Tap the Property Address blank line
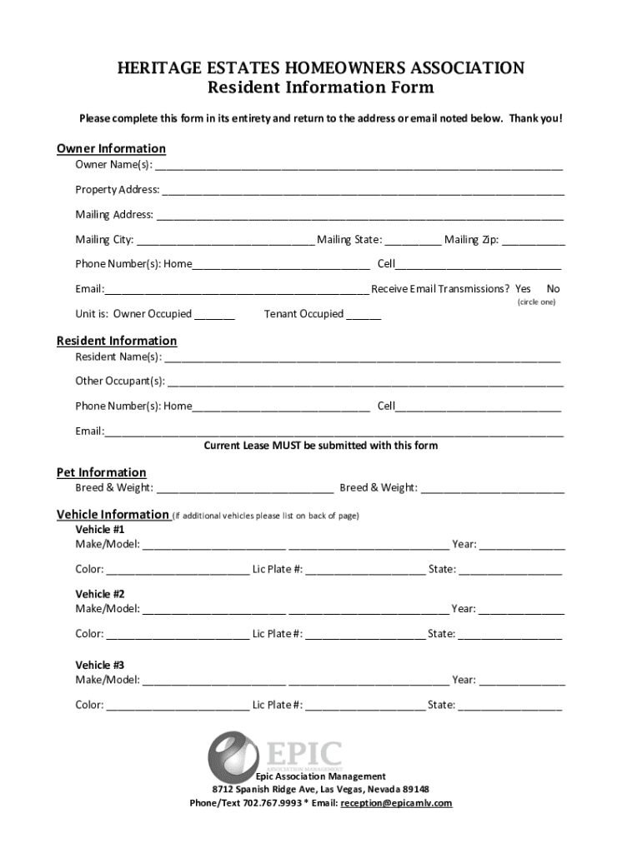tap(363, 191)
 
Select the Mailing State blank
tap(413, 241)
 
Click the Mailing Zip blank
tap(533, 241)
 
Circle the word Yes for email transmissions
tap(523, 289)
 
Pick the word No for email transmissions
tap(553, 289)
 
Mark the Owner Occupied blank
tap(216, 315)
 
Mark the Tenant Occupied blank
tap(364, 315)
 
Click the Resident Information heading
tap(117, 341)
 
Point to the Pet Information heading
tap(101, 472)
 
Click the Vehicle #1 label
tap(100, 530)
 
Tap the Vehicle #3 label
tap(100, 666)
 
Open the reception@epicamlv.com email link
tap(396, 803)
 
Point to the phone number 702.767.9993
tap(272, 803)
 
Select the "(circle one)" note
tap(536, 302)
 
